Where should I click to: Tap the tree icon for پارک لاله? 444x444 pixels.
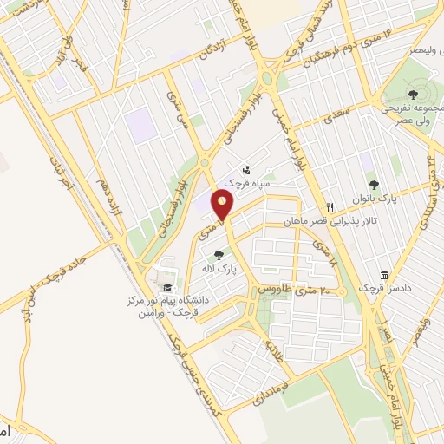[219, 255]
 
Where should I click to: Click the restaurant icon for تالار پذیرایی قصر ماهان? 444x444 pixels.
[330, 208]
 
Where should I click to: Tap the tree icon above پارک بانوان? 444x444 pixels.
[374, 184]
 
